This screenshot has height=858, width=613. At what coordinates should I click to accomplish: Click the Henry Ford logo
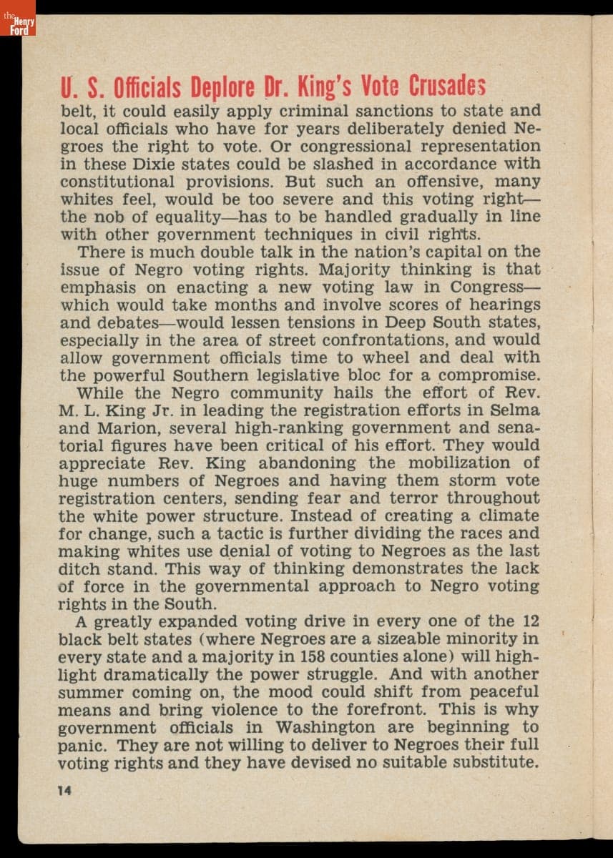click(17, 26)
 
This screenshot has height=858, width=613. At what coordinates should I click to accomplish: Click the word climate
click(505, 516)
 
